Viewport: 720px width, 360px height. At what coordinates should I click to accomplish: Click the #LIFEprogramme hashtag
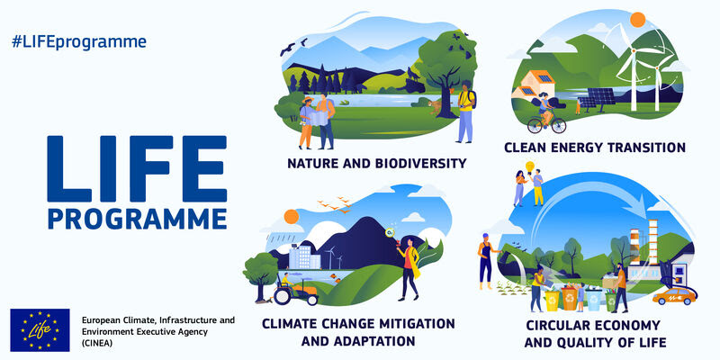point(79,41)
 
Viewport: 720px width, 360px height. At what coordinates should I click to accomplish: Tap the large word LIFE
point(137,168)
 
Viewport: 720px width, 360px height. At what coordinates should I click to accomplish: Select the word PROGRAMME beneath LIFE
point(137,219)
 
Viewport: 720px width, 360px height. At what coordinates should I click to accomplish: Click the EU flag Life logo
point(40,329)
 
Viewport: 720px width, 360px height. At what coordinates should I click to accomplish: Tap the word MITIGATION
point(409,323)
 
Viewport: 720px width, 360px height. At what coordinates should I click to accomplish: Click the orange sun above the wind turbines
point(637,20)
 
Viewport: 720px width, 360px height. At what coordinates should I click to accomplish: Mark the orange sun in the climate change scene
point(292,217)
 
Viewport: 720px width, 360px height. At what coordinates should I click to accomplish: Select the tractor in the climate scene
point(296,292)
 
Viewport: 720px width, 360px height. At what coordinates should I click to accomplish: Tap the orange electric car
point(674,296)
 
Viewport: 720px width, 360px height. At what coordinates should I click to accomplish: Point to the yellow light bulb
point(530,166)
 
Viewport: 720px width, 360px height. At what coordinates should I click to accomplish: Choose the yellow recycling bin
point(552,301)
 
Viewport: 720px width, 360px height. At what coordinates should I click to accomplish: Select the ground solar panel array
point(597,99)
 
